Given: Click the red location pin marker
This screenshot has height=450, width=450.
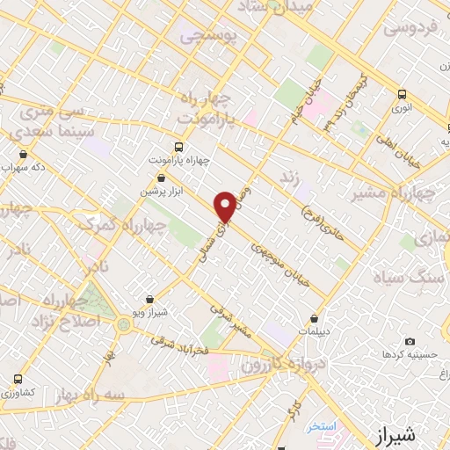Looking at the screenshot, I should pyautogui.click(x=227, y=207).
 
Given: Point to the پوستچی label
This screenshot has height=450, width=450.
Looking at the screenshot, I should pyautogui.click(x=204, y=38).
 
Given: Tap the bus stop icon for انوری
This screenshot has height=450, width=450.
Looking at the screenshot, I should pyautogui.click(x=402, y=94).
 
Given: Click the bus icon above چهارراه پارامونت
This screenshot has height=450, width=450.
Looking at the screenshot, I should pyautogui.click(x=179, y=147).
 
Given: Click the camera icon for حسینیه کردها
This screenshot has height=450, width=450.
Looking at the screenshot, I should pyautogui.click(x=410, y=341).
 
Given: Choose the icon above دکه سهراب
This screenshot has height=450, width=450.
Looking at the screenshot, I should pyautogui.click(x=36, y=154).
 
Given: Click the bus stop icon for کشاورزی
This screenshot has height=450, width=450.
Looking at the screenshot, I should pyautogui.click(x=18, y=379).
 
